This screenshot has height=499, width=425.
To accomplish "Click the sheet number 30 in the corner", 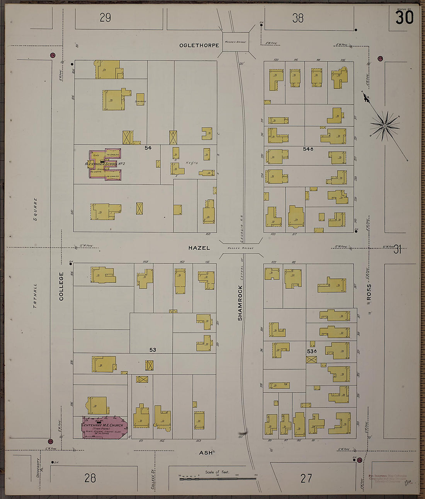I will click(x=404, y=17).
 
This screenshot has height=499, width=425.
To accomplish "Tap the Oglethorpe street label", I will click(x=199, y=46).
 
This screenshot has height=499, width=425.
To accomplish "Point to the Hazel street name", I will click(x=199, y=248).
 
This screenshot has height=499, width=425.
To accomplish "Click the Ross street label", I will click(x=369, y=292).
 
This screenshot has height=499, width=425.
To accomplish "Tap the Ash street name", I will click(x=206, y=453).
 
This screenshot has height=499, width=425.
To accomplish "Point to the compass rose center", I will click(x=385, y=126).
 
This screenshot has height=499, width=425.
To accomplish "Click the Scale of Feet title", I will click(x=218, y=472).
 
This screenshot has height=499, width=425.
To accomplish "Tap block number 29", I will click(x=105, y=18).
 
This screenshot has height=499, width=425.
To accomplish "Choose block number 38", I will click(x=298, y=18).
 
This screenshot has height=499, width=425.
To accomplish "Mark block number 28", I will click(x=90, y=478).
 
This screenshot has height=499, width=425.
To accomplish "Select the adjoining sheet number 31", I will click(x=398, y=250).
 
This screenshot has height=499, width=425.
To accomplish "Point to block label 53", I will click(x=153, y=350).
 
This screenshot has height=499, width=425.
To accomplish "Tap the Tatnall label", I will click(x=35, y=296).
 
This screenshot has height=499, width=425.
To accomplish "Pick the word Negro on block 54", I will click(x=192, y=163).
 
